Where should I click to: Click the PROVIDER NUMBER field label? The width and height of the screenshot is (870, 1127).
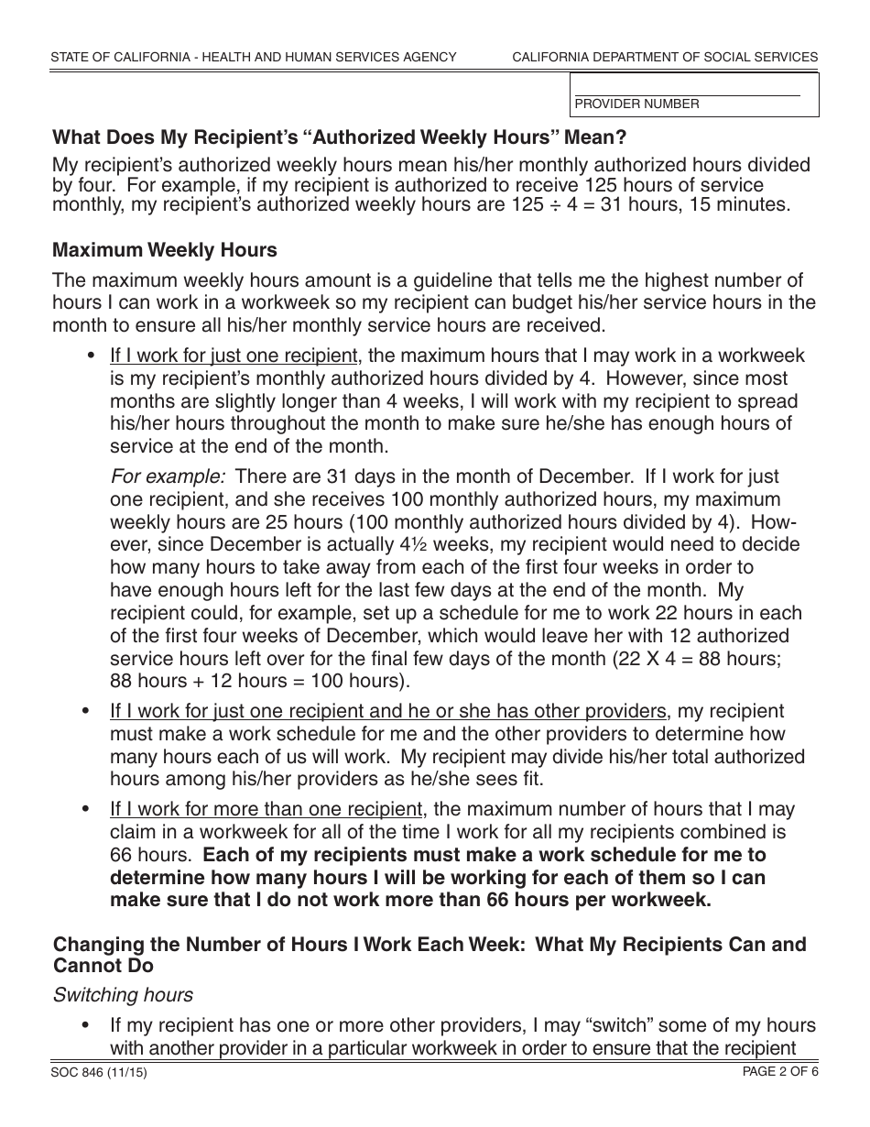click(636, 104)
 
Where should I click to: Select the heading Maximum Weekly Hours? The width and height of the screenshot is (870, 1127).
click(165, 249)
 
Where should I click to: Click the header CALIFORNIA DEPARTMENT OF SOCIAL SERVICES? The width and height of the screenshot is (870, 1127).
click(665, 57)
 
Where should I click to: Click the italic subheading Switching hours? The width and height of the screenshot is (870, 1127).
click(122, 995)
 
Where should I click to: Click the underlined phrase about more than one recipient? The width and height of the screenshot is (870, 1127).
click(266, 809)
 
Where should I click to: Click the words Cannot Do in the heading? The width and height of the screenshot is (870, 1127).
click(103, 966)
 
